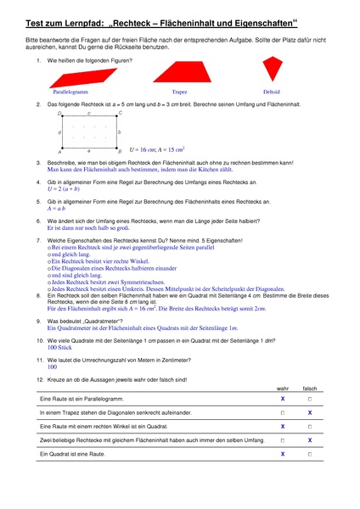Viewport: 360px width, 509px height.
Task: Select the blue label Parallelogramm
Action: [71, 92]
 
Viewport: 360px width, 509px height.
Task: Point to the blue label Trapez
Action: [179, 92]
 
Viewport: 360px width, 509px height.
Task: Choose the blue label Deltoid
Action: [271, 92]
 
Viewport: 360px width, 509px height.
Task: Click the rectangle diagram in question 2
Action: [89, 131]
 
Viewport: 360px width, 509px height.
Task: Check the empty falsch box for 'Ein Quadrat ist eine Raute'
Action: [310, 455]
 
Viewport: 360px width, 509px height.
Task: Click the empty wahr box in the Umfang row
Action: [282, 441]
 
